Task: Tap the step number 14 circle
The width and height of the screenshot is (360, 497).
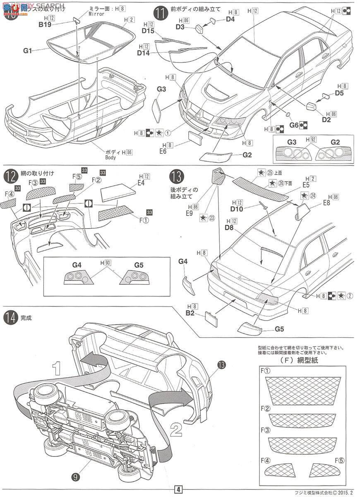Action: point(10,318)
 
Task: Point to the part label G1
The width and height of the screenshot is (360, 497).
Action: point(28,51)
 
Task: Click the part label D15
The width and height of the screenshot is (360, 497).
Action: point(148,31)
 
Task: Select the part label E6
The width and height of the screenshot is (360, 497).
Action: point(163,152)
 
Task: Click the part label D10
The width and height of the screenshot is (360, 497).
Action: point(237,209)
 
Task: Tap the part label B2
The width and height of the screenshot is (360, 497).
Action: point(190,313)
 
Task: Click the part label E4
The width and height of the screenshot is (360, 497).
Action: point(141,183)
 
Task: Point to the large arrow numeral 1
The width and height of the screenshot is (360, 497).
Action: point(57,367)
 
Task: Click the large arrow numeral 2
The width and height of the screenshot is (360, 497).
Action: point(176,430)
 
